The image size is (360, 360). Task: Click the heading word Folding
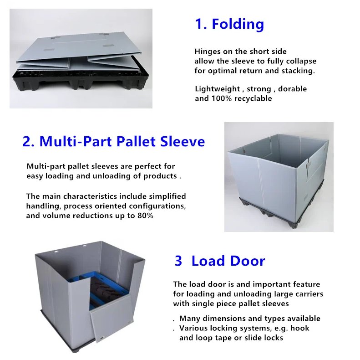point(238,24)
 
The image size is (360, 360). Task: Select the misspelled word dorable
point(292,89)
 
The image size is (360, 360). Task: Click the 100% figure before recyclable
point(222,98)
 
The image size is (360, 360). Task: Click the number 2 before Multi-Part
point(28,141)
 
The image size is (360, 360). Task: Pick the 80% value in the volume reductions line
point(145,216)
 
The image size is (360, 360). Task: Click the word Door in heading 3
point(247,261)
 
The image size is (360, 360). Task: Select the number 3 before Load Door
point(178,261)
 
